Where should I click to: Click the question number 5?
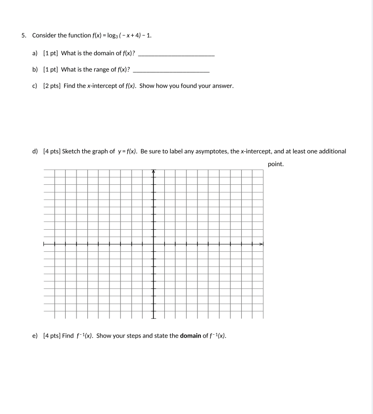[23, 35]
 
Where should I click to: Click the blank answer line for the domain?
[176, 54]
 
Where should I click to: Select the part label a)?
[35, 53]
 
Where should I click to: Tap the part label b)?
[35, 69]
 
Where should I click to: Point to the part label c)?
[35, 86]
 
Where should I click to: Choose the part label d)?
[35, 151]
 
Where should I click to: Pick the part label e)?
[35, 336]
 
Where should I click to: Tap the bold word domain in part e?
[190, 336]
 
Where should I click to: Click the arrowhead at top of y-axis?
[153, 172]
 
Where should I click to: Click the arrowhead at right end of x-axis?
[262, 243]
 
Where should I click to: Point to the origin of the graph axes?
[153, 243]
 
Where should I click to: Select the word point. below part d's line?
[276, 164]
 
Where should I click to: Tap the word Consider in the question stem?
[44, 35]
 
